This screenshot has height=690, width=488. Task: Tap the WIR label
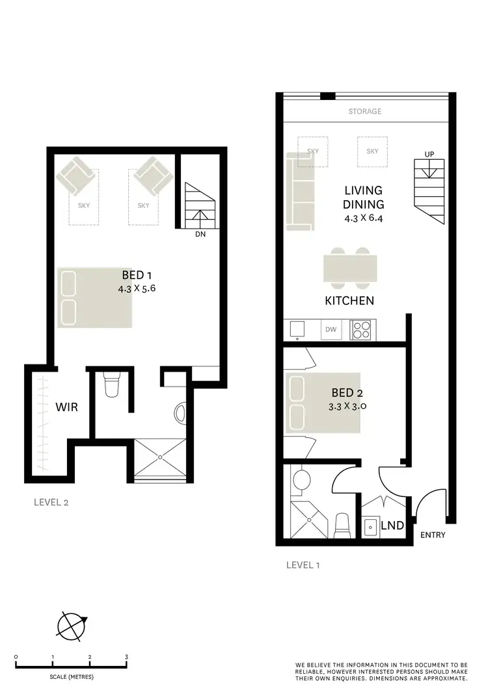pos(67,408)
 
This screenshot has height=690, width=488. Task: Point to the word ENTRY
pos(433,535)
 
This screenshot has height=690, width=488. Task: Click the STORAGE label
pos(364,112)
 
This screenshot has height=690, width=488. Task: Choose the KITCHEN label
pos(349,301)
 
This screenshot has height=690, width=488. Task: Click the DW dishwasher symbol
pos(331,330)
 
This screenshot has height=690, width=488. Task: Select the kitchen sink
pos(297,329)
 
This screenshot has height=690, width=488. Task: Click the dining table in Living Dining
pos(350,268)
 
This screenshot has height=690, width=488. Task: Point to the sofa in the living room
pos(300,191)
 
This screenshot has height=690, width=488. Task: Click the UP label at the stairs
pos(429,154)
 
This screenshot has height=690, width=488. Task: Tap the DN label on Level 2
pos(200,235)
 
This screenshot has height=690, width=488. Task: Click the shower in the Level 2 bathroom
pos(160,458)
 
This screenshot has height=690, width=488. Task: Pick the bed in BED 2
pos(323,403)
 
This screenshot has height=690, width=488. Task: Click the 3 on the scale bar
pos(126,657)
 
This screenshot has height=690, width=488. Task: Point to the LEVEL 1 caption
pos(303,565)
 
